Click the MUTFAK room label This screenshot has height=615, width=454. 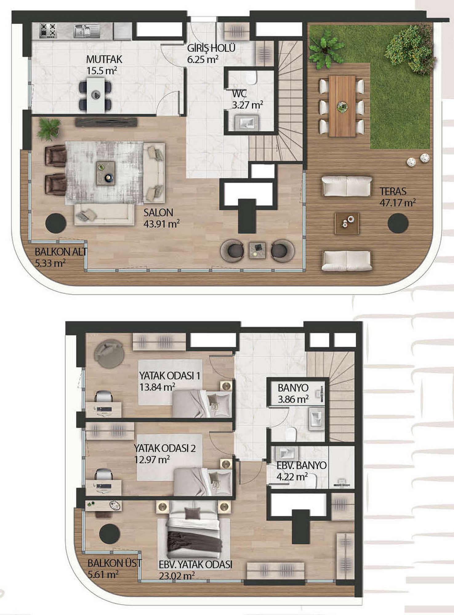(x=104, y=59)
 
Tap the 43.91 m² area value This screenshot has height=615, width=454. (x=162, y=224)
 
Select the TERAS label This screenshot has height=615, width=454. (x=393, y=191)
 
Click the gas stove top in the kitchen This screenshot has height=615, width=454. (x=48, y=30)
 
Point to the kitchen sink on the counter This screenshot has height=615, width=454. (x=82, y=31)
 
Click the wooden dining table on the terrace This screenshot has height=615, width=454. (x=342, y=106)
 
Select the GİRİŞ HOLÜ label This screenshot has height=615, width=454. (x=211, y=48)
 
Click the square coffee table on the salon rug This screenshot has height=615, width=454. (x=106, y=173)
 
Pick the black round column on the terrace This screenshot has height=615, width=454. (x=398, y=224)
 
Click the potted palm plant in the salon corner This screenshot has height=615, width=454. (x=48, y=129)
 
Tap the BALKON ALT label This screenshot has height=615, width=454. (x=61, y=252)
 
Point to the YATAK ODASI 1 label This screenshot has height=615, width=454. (x=170, y=375)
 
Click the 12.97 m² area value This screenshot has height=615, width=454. (x=152, y=460)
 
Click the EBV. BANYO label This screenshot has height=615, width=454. (x=302, y=465)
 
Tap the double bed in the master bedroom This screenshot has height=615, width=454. (x=194, y=528)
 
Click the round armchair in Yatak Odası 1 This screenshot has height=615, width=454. (x=109, y=354)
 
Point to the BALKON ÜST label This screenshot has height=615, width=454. (x=115, y=563)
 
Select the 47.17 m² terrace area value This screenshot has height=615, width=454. (x=398, y=203)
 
